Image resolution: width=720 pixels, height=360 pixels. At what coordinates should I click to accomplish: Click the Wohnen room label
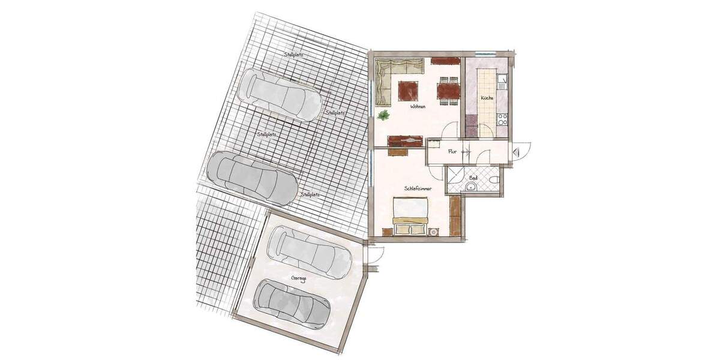[418, 107]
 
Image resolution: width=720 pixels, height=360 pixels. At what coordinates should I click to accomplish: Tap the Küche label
[487, 98]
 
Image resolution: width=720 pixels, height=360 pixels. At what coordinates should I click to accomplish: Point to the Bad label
[473, 178]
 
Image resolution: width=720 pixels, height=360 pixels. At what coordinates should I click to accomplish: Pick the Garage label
[298, 278]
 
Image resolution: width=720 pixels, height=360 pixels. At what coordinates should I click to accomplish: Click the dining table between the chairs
[449, 91]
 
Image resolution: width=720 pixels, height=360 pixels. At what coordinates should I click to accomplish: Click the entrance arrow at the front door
[517, 152]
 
